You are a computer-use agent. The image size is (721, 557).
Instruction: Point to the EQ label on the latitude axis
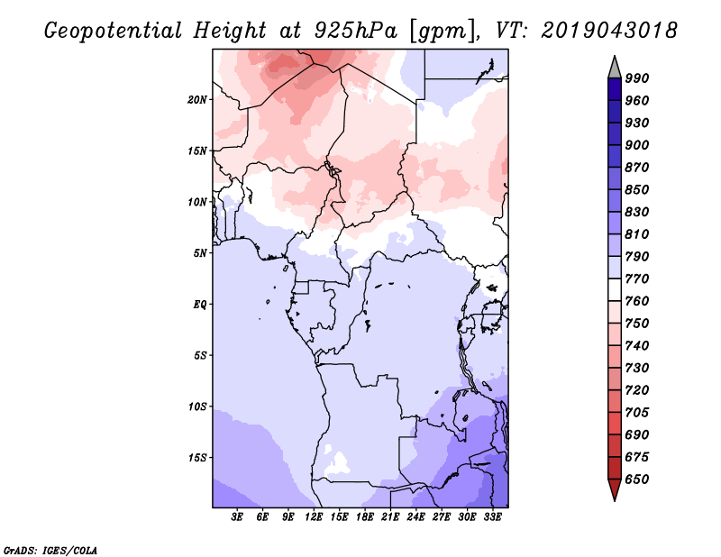200,304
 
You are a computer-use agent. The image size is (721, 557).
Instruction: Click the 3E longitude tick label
238,517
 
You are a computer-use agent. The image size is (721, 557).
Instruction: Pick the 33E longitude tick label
493,517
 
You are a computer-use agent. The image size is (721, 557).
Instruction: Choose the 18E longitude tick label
365,517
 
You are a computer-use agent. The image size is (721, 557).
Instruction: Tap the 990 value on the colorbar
636,78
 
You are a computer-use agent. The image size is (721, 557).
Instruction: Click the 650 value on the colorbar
636,479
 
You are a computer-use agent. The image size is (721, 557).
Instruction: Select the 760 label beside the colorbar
636,301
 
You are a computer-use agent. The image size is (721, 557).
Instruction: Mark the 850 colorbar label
636,189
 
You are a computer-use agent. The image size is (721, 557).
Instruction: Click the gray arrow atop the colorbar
615,67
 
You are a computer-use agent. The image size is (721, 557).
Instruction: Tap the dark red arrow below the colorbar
615,490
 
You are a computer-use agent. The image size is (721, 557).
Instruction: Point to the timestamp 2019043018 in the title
609,31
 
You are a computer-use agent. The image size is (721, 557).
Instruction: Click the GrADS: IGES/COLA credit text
50,548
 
